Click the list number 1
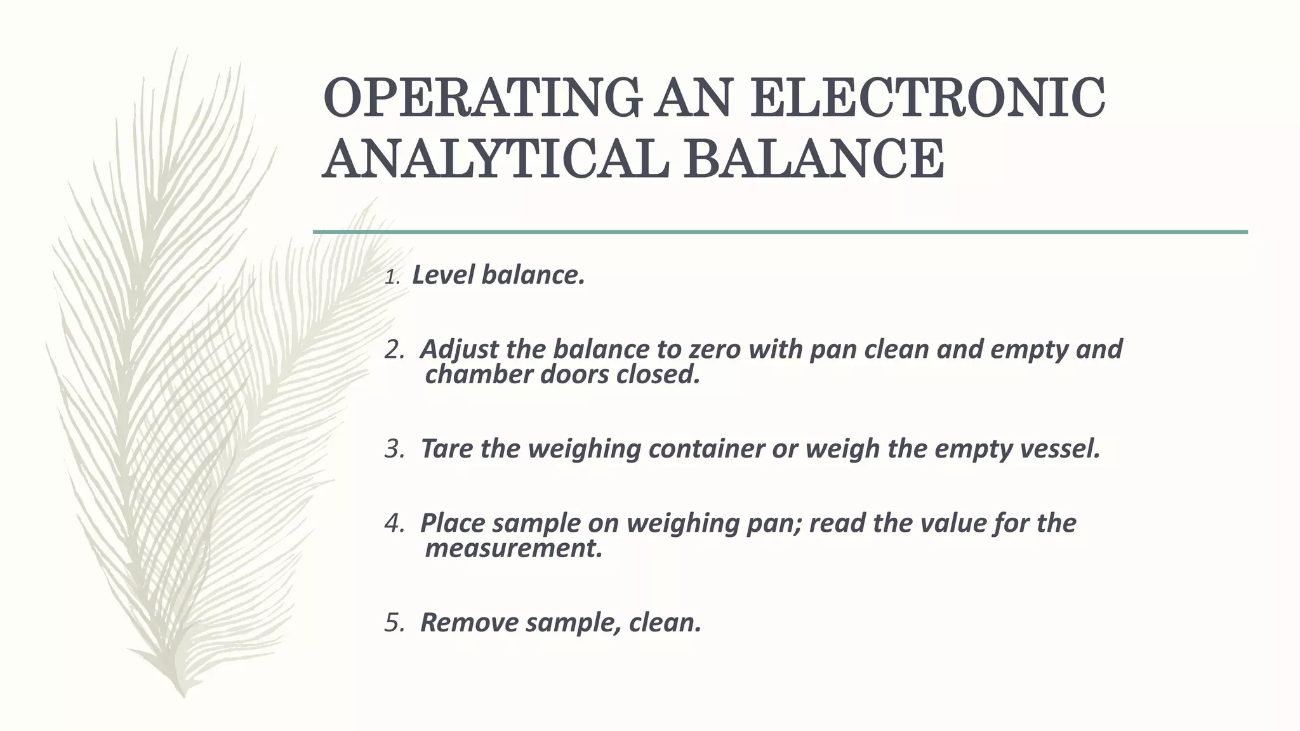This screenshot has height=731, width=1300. point(392,277)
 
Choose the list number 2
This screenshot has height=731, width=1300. point(394,350)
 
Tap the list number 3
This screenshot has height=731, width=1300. point(394,449)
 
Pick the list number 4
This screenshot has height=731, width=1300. point(394,524)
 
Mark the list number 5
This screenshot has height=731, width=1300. point(394,623)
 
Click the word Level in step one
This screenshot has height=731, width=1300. point(442,275)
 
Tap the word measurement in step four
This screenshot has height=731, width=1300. point(513,549)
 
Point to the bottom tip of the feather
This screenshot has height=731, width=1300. point(183,695)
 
